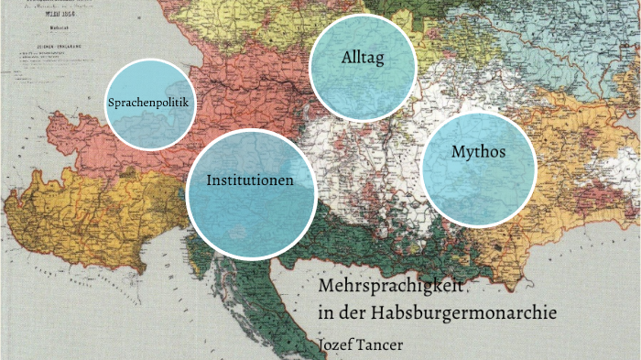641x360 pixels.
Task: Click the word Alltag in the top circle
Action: [362, 58]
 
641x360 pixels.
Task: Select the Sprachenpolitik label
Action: [147, 103]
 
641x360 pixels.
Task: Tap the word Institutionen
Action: [250, 180]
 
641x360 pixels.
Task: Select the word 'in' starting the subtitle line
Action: [323, 312]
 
